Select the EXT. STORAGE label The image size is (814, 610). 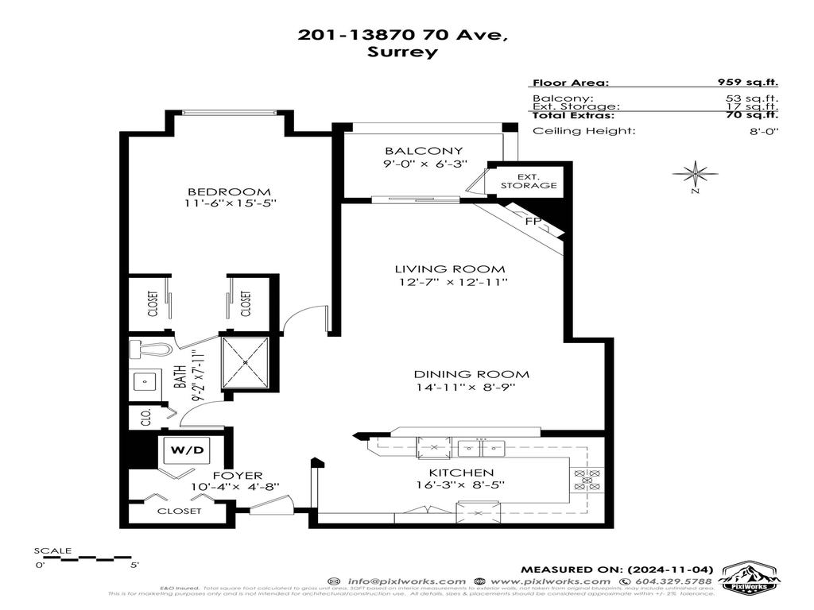pos(529,180)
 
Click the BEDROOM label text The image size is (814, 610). pos(229,191)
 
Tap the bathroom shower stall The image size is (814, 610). pos(246,362)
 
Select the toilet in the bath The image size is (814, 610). pos(151,349)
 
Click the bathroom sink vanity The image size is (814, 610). pos(145,382)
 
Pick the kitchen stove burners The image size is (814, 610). pos(589,481)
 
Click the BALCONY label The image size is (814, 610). pos(413,151)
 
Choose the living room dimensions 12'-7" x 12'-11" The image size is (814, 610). pos(451,283)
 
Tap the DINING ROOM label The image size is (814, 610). pos(471,374)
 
